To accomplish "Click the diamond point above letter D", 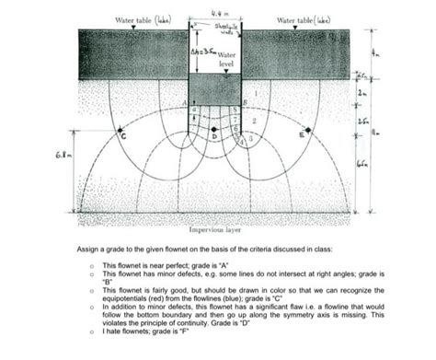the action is coord(213,130).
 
